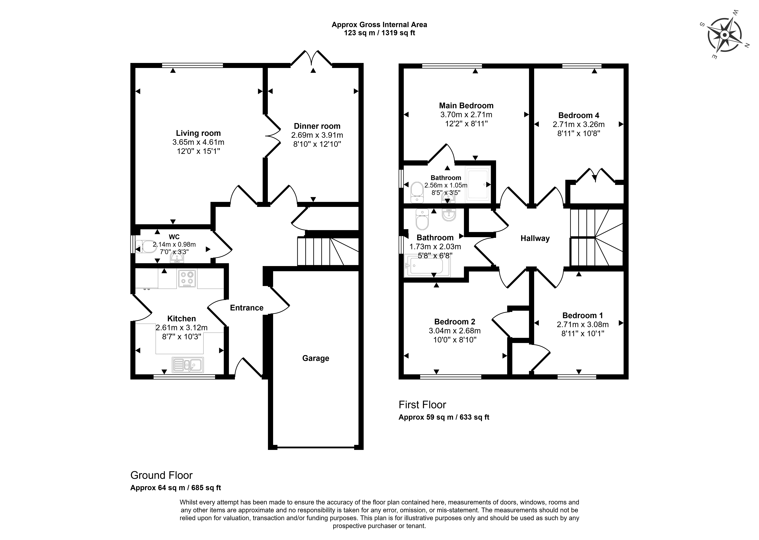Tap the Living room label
tap(198, 133)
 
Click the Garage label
tap(316, 358)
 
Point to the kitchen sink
tap(188, 365)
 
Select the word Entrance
tap(247, 308)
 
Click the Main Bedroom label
tap(466, 106)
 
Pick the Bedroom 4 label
tap(579, 115)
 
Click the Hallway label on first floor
tap(535, 238)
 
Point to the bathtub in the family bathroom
tap(427, 266)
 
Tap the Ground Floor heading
tap(161, 475)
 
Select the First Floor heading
tap(422, 405)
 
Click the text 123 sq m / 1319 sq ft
tap(379, 33)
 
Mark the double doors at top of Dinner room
tap(312, 58)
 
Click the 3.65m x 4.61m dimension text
tap(198, 142)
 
